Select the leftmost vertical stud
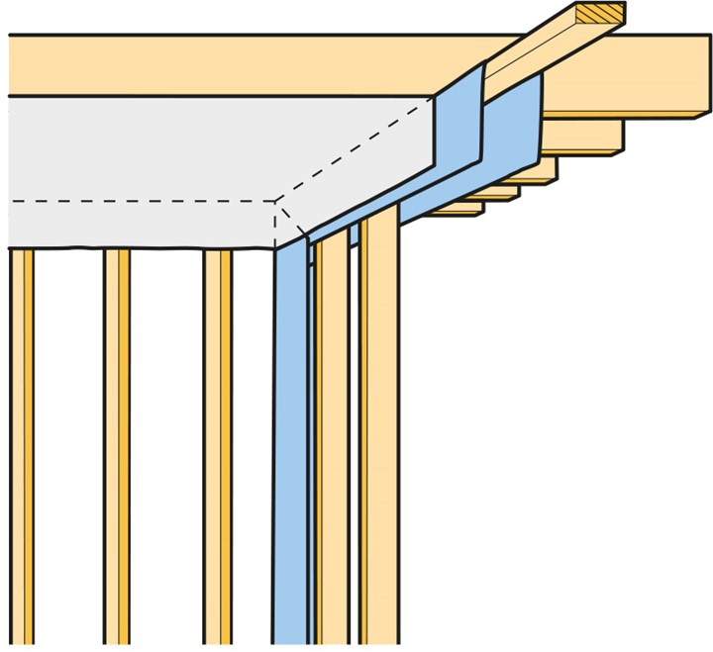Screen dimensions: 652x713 [22, 445]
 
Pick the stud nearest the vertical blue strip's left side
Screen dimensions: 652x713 [218, 445]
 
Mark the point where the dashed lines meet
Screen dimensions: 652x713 [274, 202]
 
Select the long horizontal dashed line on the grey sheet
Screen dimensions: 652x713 [139, 202]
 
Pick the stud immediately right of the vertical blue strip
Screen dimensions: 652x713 [333, 445]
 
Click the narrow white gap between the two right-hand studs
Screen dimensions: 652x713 [354, 445]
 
